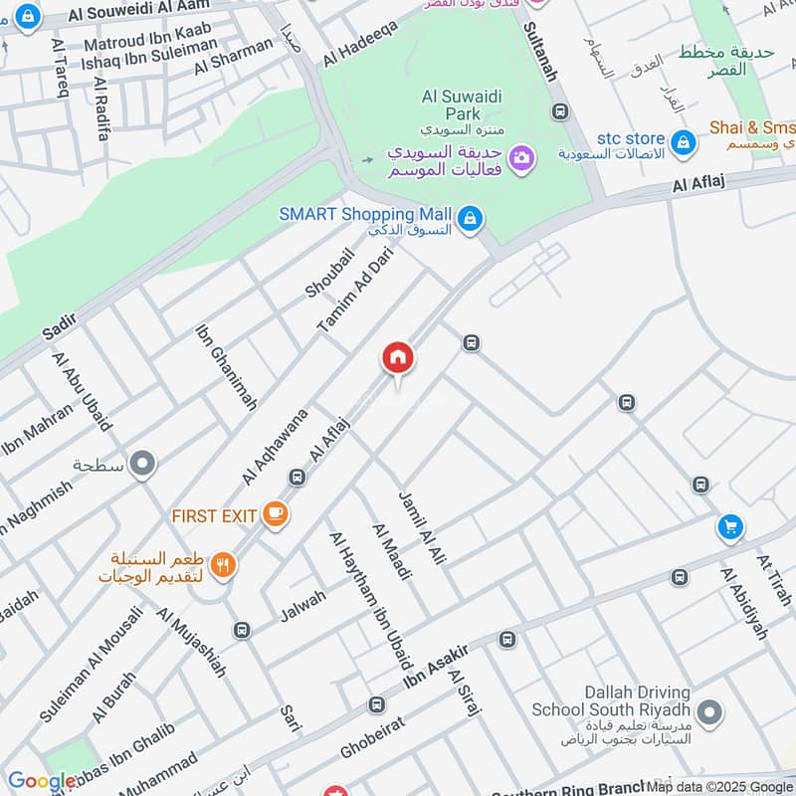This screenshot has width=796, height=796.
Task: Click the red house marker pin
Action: [x=398, y=358]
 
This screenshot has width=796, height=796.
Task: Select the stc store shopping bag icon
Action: [x=683, y=142]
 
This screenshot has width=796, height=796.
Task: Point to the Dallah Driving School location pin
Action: [x=709, y=712]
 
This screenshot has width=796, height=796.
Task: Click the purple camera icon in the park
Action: [x=520, y=157]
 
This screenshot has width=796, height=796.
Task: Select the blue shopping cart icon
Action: [x=731, y=527]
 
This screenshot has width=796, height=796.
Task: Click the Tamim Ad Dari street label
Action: [x=355, y=290]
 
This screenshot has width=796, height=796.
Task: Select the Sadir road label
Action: [x=60, y=325]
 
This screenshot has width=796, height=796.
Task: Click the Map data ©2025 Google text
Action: [x=719, y=786]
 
